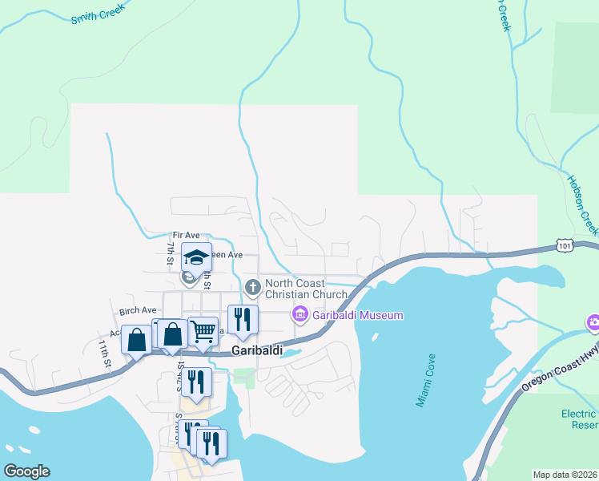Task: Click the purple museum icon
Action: pyautogui.click(x=300, y=315)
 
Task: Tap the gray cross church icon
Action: pyautogui.click(x=253, y=287)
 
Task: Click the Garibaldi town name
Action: pyautogui.click(x=257, y=350)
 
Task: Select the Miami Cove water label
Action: pyautogui.click(x=425, y=380)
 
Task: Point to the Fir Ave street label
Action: pyautogui.click(x=186, y=235)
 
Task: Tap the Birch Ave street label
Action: pyautogui.click(x=138, y=310)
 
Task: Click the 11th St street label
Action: pyautogui.click(x=104, y=353)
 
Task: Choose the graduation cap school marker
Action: pyautogui.click(x=196, y=257)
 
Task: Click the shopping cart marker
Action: pyautogui.click(x=203, y=329)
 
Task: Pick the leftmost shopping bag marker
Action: pyautogui.click(x=136, y=339)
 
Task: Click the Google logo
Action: pyautogui.click(x=26, y=471)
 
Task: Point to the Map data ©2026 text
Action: pyautogui.click(x=565, y=475)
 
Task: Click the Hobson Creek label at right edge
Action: pyautogui.click(x=583, y=200)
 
